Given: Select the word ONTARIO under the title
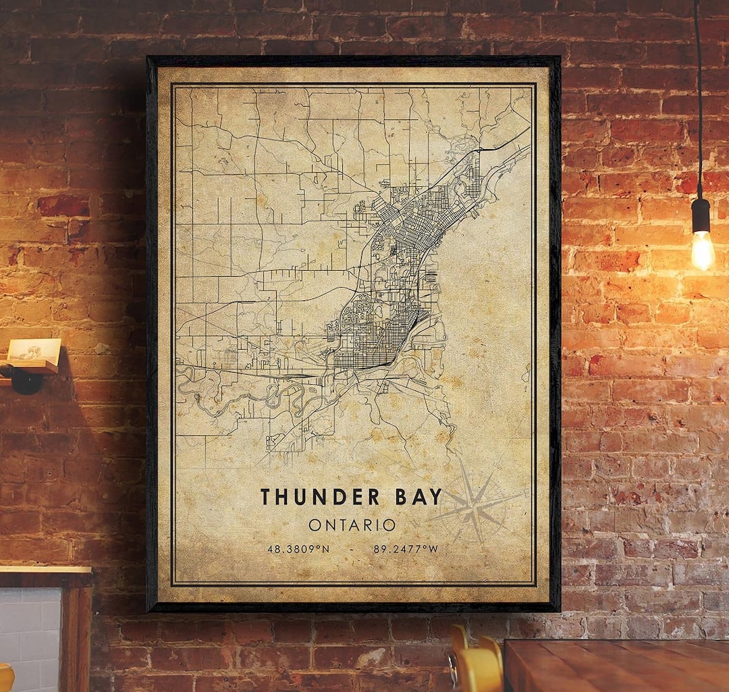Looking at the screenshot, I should (x=352, y=525).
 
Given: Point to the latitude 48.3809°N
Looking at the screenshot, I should (x=298, y=549).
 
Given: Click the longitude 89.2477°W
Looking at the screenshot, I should (x=406, y=549).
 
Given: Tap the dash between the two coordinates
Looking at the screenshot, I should (x=352, y=549).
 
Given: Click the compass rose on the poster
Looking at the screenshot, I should (x=474, y=505).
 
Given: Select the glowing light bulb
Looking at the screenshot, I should (x=702, y=250).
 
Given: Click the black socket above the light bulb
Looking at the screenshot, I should (x=700, y=215).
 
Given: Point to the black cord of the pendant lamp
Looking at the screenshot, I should (x=697, y=101).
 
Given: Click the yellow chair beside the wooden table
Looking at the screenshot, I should (x=476, y=665).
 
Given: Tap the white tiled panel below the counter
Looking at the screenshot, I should (x=30, y=635).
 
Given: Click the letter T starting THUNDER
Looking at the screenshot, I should (x=265, y=497).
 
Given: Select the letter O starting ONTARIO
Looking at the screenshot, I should (x=314, y=525).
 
